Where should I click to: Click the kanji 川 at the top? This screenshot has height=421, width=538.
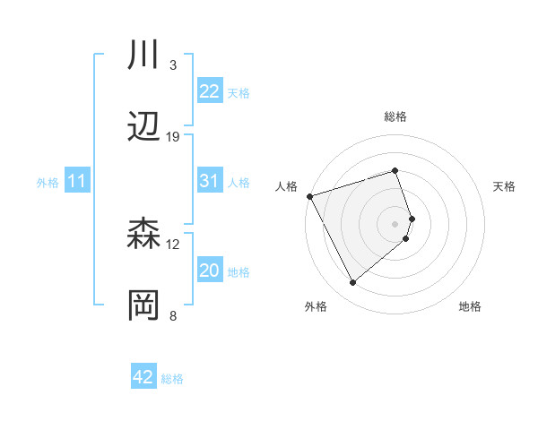coord(144,56)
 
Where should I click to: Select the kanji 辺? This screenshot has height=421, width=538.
coord(144,127)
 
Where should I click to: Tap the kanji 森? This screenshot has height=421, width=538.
coord(144,235)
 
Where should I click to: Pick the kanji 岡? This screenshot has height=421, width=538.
coord(144,306)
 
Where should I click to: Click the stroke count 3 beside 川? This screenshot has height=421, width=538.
coord(172,65)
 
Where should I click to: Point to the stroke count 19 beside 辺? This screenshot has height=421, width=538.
coord(173,137)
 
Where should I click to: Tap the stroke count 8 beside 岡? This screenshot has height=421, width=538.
coord(172,316)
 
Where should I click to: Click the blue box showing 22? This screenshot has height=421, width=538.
coord(209,91)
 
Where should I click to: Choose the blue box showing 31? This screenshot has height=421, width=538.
coord(209,181)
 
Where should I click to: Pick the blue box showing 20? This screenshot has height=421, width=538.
coord(209,271)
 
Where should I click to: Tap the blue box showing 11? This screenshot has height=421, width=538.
coord(76,182)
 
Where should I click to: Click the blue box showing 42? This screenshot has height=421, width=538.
coord(143,377)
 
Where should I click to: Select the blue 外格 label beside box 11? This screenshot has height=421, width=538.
coord(48,183)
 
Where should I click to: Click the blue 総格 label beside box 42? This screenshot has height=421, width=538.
coord(172,379)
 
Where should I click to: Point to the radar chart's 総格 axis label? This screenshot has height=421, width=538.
coord(395,116)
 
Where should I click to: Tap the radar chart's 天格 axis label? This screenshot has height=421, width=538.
coord(505,186)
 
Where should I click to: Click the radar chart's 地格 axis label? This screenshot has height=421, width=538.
coord(470,307)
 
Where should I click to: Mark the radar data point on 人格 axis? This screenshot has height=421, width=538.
coord(309,196)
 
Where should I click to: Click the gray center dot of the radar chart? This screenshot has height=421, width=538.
coord(395,223)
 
